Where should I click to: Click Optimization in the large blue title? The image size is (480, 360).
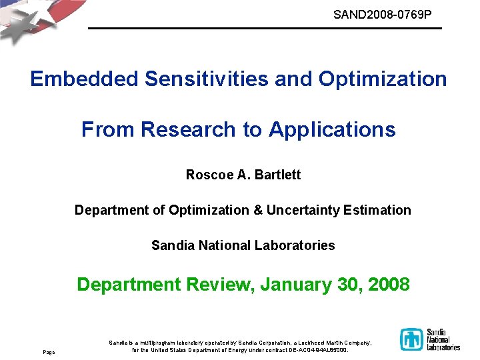pos(383,79)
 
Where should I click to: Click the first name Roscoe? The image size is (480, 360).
pos(209,175)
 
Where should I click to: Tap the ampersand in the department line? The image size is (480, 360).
pos(257,210)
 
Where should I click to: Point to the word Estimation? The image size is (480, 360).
pos(377,210)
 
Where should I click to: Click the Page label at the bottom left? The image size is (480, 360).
pos(49,351)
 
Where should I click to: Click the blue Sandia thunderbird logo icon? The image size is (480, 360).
pos(411,339)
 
